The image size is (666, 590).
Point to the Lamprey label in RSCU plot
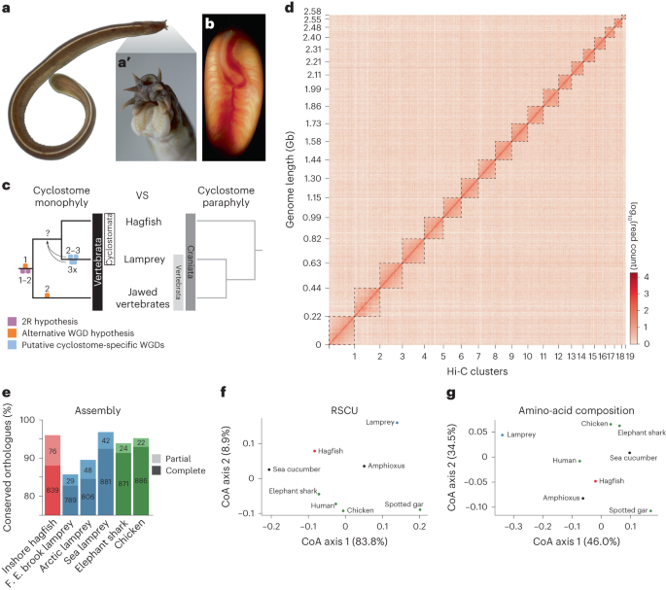click(x=380, y=423)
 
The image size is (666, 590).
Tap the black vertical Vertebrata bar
click(x=97, y=263)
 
